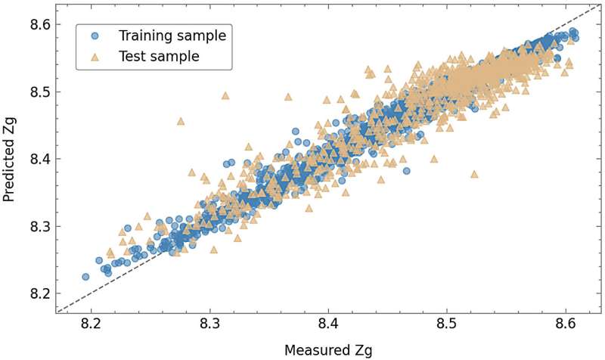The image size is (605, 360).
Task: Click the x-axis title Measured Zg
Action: [328, 349]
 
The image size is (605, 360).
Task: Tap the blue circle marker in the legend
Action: [93, 35]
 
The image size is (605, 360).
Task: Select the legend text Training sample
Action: [172, 35]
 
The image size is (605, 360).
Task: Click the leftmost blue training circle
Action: [85, 277]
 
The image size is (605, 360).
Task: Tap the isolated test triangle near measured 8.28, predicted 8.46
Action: [180, 121]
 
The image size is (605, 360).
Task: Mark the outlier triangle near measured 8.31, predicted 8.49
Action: [225, 96]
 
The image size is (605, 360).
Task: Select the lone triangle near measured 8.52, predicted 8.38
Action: [474, 174]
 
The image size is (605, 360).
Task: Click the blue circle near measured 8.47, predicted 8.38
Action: [406, 171]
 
